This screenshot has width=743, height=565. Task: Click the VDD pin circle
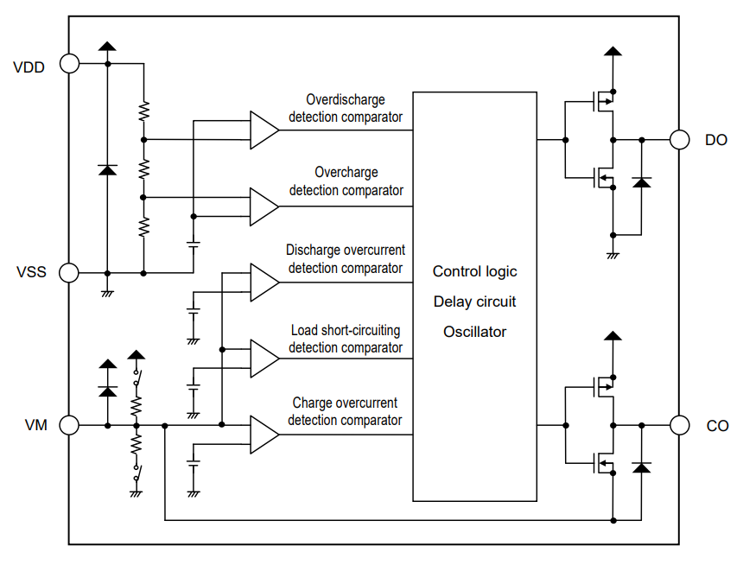(x=68, y=64)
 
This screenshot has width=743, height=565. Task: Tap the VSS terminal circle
(x=68, y=273)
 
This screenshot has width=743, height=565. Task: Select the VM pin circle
(x=68, y=425)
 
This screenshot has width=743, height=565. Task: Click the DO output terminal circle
(x=680, y=139)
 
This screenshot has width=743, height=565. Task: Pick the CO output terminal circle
(x=680, y=425)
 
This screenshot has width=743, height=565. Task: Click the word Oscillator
(x=474, y=332)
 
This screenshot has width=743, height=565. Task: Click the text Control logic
(x=474, y=271)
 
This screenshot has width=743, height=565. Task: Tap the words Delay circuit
(x=474, y=302)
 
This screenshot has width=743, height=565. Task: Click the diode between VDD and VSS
(x=107, y=169)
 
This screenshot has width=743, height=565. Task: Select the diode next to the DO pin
(x=641, y=182)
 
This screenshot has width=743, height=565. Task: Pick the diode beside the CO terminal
(x=641, y=467)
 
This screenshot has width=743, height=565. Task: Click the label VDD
(x=29, y=66)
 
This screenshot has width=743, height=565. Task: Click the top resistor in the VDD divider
(x=143, y=110)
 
